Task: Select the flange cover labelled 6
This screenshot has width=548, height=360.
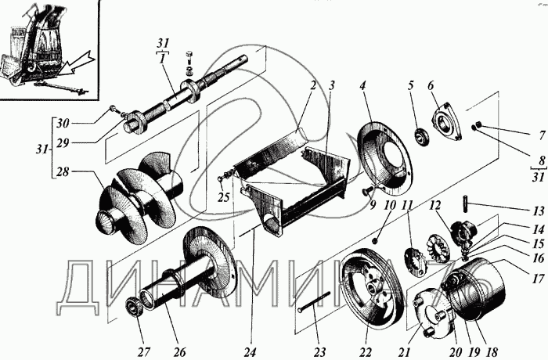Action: (449, 124)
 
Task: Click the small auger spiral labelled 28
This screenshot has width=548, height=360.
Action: (141, 196)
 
